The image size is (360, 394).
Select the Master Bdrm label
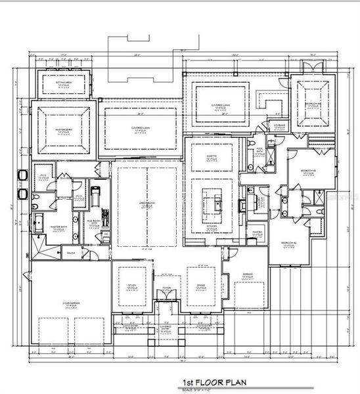63,131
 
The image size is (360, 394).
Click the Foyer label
167,286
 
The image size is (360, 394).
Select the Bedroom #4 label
312,104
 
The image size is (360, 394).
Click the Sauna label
69,251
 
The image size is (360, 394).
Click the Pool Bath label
259,149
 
